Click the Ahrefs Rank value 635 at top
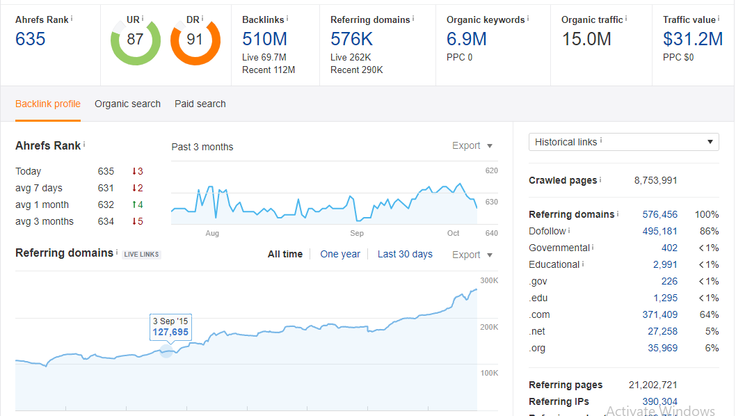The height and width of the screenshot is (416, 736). [x=31, y=40]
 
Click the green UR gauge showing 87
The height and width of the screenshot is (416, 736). [x=135, y=40]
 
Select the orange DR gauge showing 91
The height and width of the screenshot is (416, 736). [x=195, y=40]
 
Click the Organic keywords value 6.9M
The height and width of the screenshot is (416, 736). [x=466, y=40]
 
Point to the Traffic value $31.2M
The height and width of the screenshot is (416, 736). [x=693, y=40]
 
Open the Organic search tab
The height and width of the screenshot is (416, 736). [x=127, y=104]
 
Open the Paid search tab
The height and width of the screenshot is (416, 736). [x=200, y=104]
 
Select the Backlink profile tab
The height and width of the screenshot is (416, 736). [x=48, y=104]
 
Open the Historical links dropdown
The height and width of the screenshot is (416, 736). [x=623, y=142]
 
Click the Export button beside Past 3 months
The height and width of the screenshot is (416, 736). [x=472, y=146]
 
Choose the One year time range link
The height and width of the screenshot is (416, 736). [x=340, y=255]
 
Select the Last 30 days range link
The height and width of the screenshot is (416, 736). [x=405, y=255]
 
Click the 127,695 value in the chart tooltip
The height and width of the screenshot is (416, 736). [x=170, y=333]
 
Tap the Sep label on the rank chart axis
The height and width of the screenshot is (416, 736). [x=357, y=234]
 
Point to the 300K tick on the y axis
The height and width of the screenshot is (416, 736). [x=489, y=281]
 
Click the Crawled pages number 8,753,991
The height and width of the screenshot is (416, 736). [x=655, y=180]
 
